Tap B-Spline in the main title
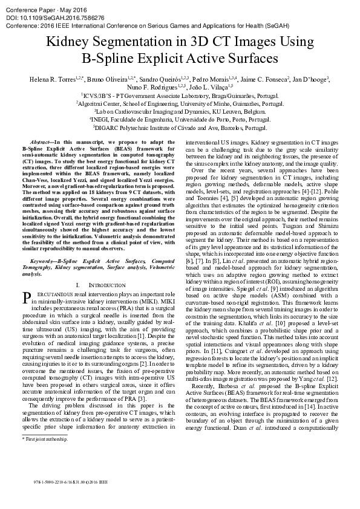click(110, 59)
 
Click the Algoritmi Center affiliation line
click(179, 104)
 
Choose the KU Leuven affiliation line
click(179, 112)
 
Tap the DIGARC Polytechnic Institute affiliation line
click(179, 128)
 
